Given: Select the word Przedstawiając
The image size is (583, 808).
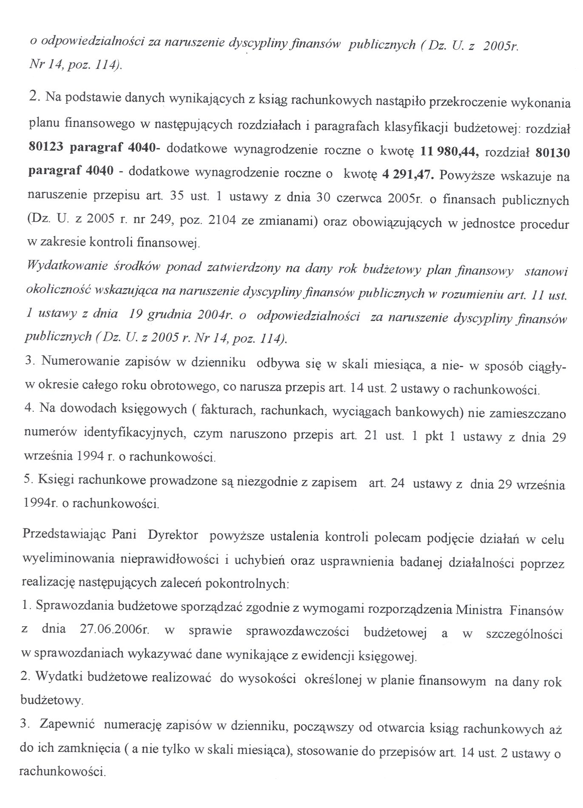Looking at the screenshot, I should pos(63,535).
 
